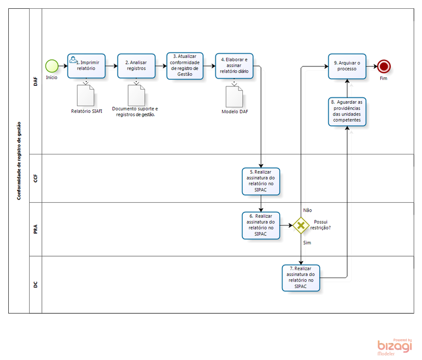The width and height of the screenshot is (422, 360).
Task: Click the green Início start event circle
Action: (52, 66)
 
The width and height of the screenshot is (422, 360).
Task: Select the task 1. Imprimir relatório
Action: (86, 66)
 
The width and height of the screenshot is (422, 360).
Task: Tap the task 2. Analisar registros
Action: (136, 66)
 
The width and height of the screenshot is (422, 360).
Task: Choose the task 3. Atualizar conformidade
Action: (185, 66)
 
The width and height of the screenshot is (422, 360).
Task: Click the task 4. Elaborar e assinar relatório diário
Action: (234, 66)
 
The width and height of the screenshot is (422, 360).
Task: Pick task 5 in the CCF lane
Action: (261, 181)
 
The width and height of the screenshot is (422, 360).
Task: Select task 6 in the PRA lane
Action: (261, 225)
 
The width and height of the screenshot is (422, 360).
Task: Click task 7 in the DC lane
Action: (301, 278)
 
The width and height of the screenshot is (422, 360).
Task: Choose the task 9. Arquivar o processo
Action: (347, 67)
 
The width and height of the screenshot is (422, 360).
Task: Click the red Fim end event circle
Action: (384, 67)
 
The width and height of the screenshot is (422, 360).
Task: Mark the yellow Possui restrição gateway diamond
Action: (301, 225)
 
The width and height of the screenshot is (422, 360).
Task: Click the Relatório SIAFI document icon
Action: (86, 96)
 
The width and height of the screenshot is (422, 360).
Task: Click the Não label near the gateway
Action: (307, 210)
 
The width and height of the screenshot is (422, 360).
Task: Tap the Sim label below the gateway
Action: (307, 242)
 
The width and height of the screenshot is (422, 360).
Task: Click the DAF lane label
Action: (36, 82)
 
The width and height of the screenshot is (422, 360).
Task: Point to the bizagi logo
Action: (395, 346)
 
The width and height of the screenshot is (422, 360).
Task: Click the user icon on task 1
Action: (73, 58)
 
